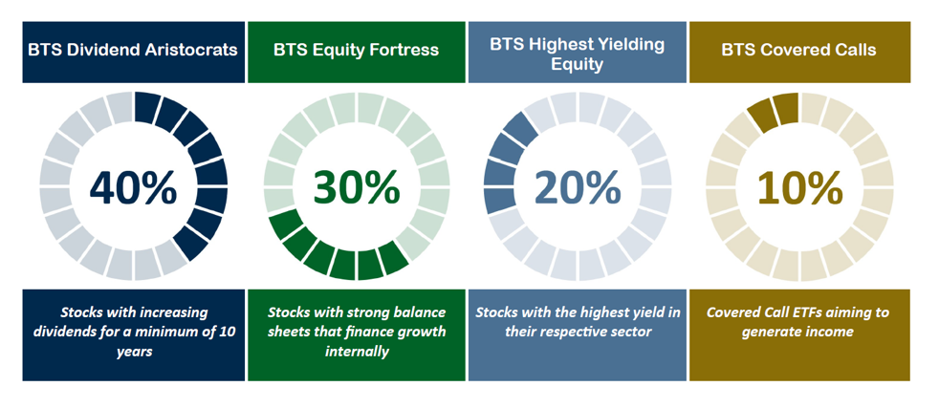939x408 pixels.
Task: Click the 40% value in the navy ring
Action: tap(134, 186)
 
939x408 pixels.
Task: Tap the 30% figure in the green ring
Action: tap(357, 186)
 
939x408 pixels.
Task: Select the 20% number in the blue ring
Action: tap(578, 186)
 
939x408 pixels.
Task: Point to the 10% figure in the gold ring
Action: tap(800, 186)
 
